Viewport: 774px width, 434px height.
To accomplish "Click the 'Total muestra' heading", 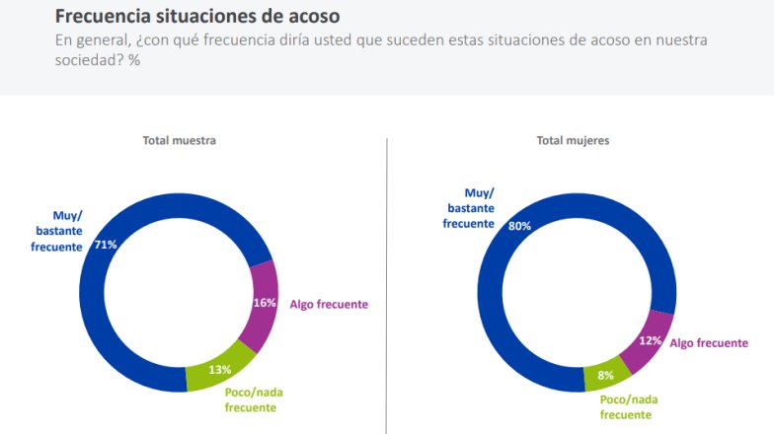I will [179, 140].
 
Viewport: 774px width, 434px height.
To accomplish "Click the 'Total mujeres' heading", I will [573, 140].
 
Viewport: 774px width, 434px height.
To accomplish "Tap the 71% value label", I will [106, 244].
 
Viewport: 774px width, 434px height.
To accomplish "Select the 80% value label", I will [519, 226].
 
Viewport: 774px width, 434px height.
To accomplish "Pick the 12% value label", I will [650, 339].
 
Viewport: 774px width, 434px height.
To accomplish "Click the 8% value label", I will [606, 375].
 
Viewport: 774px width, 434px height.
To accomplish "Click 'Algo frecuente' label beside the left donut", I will [329, 304].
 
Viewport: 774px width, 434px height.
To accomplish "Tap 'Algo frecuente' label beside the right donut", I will [709, 342].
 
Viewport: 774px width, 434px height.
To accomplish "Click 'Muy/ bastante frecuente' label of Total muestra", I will [56, 230].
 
